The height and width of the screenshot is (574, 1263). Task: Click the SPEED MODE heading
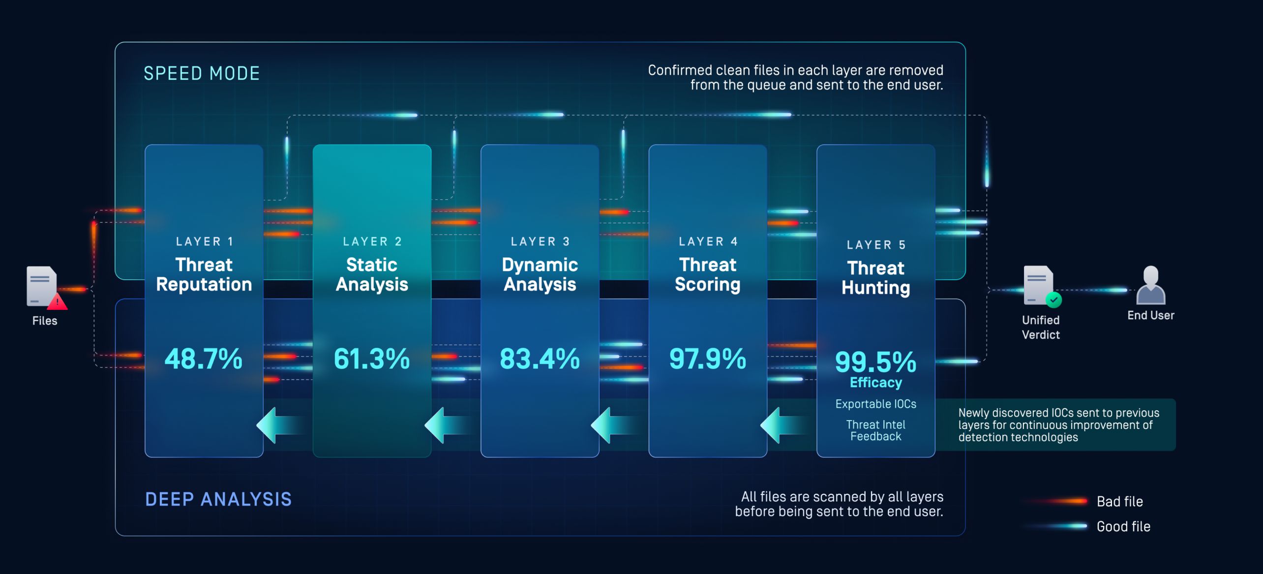click(x=202, y=73)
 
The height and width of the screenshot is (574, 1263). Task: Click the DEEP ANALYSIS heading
click(x=218, y=499)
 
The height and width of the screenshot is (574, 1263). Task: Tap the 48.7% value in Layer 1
click(x=204, y=359)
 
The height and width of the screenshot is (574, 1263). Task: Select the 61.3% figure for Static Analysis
click(x=372, y=359)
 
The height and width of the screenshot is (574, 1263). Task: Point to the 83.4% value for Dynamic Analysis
click(x=540, y=359)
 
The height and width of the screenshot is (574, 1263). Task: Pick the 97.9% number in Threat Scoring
click(x=708, y=359)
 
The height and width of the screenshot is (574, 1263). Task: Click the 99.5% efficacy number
click(x=875, y=363)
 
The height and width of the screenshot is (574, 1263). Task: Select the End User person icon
click(x=1151, y=285)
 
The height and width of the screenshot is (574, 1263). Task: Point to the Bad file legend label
click(x=1120, y=501)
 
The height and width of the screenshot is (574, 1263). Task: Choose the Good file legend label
click(x=1123, y=526)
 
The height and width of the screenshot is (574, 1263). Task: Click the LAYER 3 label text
click(x=540, y=242)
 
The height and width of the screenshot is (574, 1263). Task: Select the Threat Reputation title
click(x=204, y=274)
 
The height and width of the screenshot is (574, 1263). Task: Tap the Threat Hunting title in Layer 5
click(x=875, y=278)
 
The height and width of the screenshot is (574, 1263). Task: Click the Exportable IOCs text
click(x=875, y=404)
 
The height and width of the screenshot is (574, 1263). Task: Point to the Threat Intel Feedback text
click(x=875, y=430)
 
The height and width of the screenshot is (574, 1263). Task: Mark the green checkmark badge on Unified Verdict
click(x=1054, y=300)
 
